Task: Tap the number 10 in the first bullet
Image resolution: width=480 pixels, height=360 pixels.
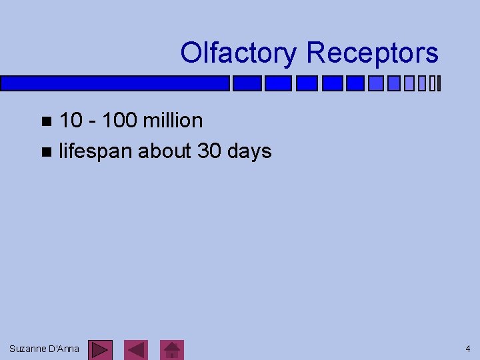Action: point(71,121)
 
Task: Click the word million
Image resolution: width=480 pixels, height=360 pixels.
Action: point(172,121)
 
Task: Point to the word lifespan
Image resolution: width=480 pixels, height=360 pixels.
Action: point(96,151)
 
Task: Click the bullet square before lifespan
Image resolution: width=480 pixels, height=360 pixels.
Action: point(45,152)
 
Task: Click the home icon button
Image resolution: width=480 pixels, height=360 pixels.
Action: point(173,349)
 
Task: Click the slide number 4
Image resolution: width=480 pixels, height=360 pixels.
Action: point(468,349)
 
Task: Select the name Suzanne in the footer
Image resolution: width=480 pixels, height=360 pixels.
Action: point(27,349)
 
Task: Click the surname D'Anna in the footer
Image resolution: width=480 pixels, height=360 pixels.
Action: point(63,349)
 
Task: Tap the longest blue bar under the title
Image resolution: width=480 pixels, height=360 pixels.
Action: point(115,83)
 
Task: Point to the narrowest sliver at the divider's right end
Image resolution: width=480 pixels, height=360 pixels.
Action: point(440,83)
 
